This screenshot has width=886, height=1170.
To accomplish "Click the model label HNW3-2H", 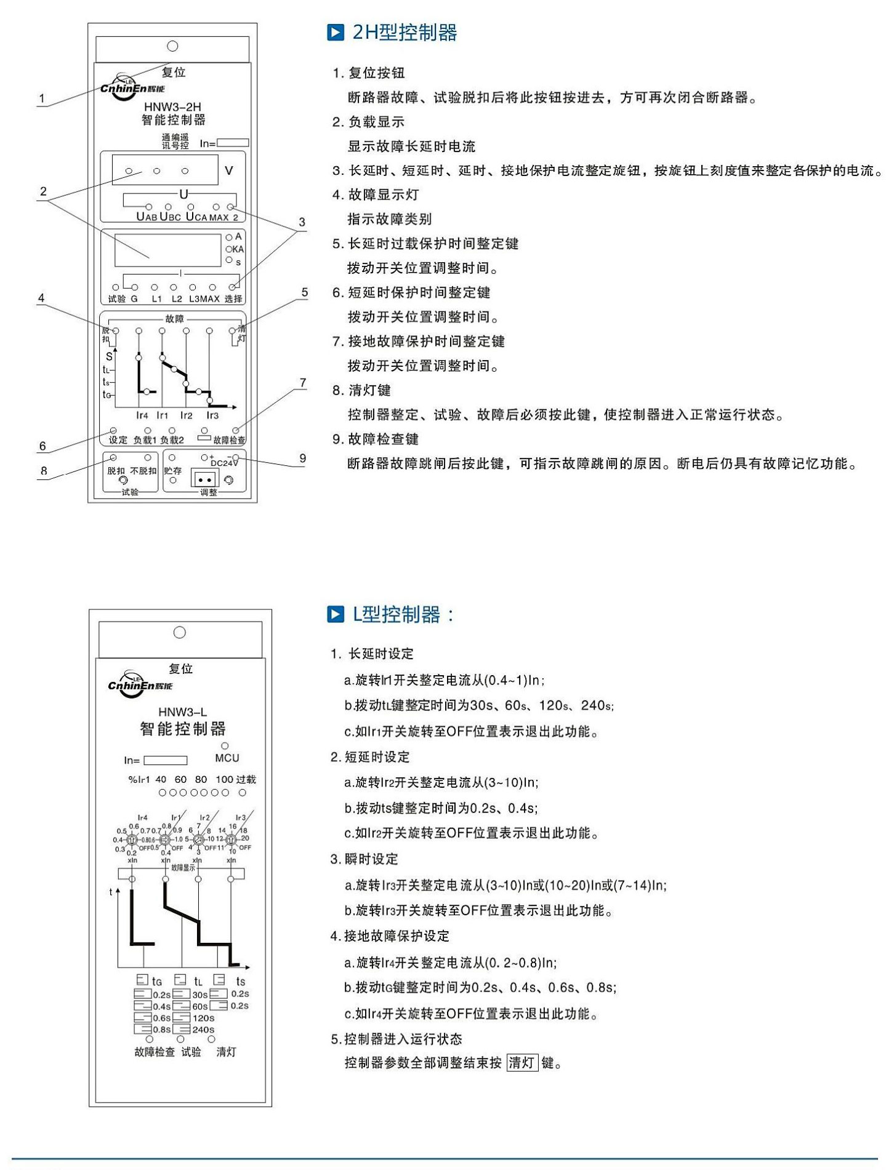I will click(172, 107).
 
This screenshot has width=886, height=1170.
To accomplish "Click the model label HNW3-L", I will click(182, 712).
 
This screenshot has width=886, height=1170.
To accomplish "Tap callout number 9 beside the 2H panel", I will click(302, 458).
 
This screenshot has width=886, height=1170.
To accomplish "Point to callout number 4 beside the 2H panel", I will click(41, 298).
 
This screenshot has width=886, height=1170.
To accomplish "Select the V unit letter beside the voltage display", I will click(229, 170).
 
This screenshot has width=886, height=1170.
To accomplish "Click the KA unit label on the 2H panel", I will click(238, 249).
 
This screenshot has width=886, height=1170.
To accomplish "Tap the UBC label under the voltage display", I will click(171, 217).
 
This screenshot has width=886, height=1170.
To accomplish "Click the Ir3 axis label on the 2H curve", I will click(212, 415).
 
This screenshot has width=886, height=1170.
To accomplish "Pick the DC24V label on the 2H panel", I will click(224, 463).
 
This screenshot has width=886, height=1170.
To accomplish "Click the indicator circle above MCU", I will click(225, 746).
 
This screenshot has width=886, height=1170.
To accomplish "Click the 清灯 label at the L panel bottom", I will click(226, 1052).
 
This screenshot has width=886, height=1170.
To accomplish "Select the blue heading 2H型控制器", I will click(405, 33).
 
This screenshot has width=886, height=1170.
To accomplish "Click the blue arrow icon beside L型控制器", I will click(336, 614).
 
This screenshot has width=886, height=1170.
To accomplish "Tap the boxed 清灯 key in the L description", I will click(522, 1063).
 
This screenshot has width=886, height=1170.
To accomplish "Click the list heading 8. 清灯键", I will click(361, 390).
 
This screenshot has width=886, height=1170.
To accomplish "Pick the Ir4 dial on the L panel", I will click(131, 839).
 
